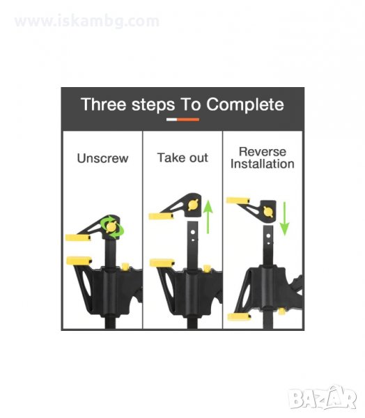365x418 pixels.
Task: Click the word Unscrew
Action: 102,158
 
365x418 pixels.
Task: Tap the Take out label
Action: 182,157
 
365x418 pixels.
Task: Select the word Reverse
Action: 263,152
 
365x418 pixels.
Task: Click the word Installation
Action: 263,164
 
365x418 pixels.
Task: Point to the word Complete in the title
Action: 245,104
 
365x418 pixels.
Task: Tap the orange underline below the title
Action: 188,120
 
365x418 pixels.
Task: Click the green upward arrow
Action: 208,217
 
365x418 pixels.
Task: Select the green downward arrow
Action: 284,219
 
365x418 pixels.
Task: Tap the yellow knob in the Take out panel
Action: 194,205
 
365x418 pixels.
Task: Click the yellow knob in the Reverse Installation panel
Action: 268,212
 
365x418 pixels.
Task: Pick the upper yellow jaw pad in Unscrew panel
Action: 78,238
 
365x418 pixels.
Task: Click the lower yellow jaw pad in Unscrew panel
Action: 79,261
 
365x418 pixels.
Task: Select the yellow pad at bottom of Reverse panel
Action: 239,317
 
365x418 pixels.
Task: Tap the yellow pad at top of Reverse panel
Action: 238,201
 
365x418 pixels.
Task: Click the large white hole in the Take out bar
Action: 193,233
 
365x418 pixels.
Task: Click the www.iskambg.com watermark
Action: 87,22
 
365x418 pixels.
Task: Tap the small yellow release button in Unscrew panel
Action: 125,267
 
